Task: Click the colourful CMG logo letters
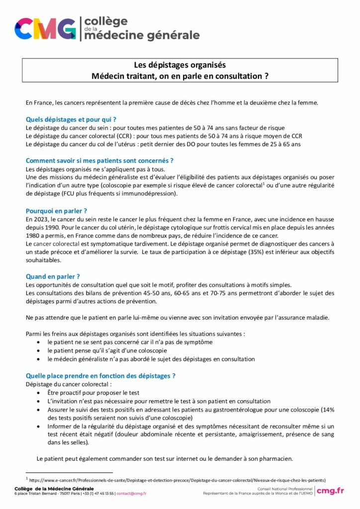(45, 28)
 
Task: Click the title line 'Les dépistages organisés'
(180, 65)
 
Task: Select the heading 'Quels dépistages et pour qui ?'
(71, 119)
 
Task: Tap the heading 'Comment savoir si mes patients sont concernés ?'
(99, 161)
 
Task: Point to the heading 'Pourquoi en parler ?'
(56, 211)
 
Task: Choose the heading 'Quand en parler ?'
(53, 276)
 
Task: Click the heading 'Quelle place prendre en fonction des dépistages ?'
(100, 376)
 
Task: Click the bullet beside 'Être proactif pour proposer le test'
(39, 393)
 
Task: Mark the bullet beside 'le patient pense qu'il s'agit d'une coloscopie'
(39, 350)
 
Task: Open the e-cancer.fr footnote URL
(177, 480)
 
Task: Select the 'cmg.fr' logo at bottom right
(331, 491)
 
